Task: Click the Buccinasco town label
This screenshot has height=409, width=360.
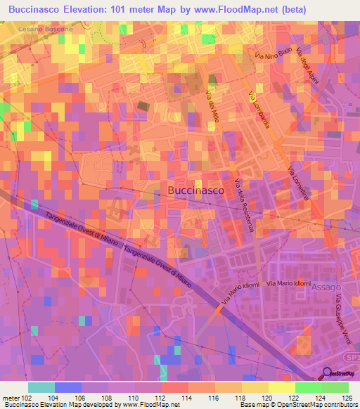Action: [x=196, y=190]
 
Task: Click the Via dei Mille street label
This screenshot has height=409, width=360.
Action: [x=213, y=103]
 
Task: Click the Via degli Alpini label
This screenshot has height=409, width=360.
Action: [x=308, y=67]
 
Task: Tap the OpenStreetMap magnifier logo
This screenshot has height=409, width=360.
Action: [x=327, y=373]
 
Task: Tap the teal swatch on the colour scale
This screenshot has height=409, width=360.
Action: [x=41, y=387]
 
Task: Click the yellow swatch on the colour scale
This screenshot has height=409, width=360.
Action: [x=281, y=387]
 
